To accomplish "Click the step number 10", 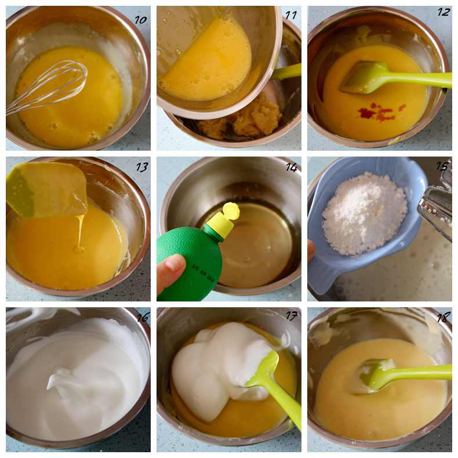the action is click(140, 20).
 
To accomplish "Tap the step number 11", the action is click(290, 15).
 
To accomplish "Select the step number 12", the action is click(444, 12).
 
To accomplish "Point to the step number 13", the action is click(142, 167).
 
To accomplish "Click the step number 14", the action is click(292, 168).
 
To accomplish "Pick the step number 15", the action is click(442, 166).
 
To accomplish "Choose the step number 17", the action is click(292, 316).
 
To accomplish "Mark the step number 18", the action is click(443, 318).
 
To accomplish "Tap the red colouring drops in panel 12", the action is click(380, 111).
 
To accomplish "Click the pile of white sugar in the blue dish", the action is click(364, 213).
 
